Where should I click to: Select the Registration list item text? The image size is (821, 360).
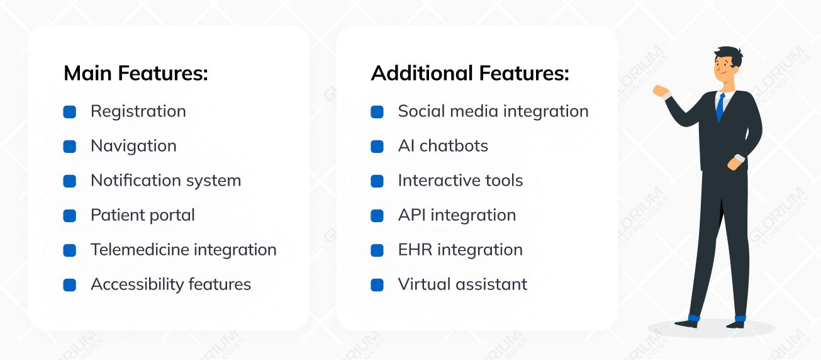(x=138, y=111)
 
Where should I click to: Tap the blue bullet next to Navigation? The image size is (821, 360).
(x=70, y=147)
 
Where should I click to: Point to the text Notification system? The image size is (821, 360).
(x=165, y=181)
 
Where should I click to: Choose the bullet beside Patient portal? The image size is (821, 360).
(x=70, y=216)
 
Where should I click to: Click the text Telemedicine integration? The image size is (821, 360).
(x=183, y=250)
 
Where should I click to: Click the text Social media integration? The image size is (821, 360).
(x=493, y=111)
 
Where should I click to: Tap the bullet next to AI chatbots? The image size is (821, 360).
(x=377, y=147)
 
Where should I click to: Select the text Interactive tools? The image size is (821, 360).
(x=460, y=181)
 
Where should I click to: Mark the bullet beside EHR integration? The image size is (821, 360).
(x=377, y=250)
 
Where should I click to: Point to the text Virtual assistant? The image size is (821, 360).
(x=462, y=284)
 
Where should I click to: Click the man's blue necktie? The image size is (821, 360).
(x=720, y=107)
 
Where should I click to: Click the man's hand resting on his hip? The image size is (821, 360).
(x=734, y=163)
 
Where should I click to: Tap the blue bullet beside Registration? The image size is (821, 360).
(x=70, y=112)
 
